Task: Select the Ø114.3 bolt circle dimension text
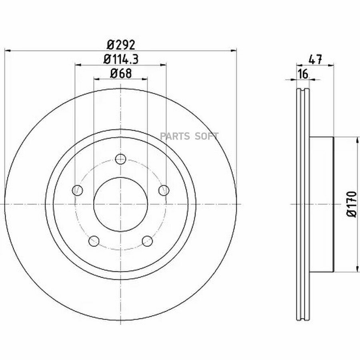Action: coord(121,59)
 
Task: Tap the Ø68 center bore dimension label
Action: coord(121,73)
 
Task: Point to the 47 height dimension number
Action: coord(316,60)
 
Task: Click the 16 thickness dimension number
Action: coord(303,74)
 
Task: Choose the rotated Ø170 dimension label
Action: coord(351,204)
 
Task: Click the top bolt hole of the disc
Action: coord(120,159)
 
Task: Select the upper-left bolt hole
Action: coord(77,190)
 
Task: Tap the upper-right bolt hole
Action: coord(164,190)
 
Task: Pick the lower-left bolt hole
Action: coord(94,241)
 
